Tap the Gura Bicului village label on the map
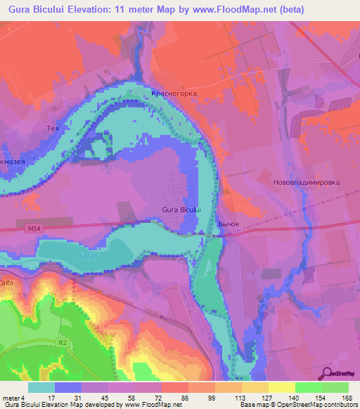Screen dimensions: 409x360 [x=181, y=209]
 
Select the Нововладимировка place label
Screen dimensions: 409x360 [x=306, y=182]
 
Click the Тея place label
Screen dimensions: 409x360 [x=51, y=129]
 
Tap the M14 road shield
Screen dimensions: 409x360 [x=37, y=228]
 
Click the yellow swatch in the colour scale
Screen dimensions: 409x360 [x=282, y=387]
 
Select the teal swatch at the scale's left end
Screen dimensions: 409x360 [x=41, y=387]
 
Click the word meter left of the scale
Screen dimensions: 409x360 [x=10, y=397]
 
